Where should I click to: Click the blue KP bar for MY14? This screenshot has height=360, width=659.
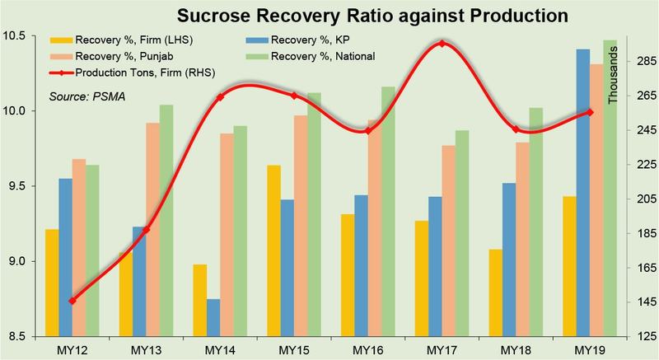[x=213, y=317]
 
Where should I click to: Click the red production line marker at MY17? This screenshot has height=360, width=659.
[x=442, y=44]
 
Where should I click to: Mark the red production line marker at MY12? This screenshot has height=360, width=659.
[x=72, y=301]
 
